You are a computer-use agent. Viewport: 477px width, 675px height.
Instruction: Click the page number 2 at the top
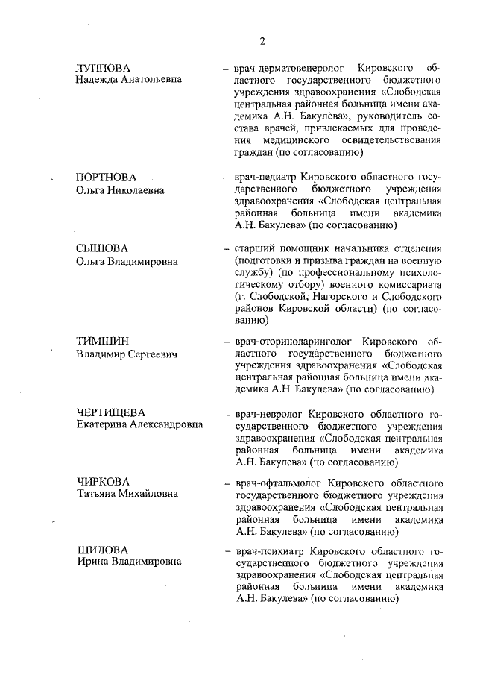pyautogui.click(x=262, y=40)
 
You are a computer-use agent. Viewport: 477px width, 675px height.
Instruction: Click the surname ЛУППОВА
pyautogui.click(x=103, y=68)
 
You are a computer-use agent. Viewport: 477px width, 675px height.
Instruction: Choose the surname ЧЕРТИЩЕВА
pyautogui.click(x=111, y=412)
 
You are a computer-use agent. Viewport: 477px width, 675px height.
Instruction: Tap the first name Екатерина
pyautogui.click(x=103, y=425)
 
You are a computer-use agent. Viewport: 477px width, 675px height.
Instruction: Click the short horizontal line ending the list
pyautogui.click(x=266, y=625)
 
